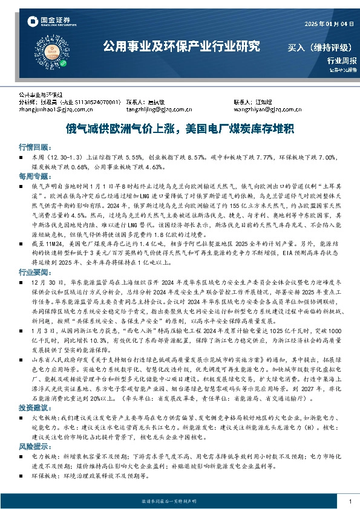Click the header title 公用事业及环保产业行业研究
(x=181, y=46)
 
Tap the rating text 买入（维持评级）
(x=319, y=47)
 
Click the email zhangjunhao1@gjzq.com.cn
(x=55, y=110)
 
